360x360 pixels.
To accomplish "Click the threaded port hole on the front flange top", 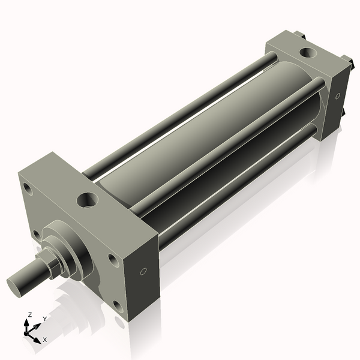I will point(89,197).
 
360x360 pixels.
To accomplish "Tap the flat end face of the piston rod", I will point(17,283).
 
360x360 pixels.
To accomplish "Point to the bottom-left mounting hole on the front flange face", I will point(37,234).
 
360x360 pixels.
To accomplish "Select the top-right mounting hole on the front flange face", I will point(112,260).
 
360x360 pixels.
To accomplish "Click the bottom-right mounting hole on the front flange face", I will point(118,306).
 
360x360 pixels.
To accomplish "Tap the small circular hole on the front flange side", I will point(143,272).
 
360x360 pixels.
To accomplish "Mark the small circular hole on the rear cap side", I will point(338,95).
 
